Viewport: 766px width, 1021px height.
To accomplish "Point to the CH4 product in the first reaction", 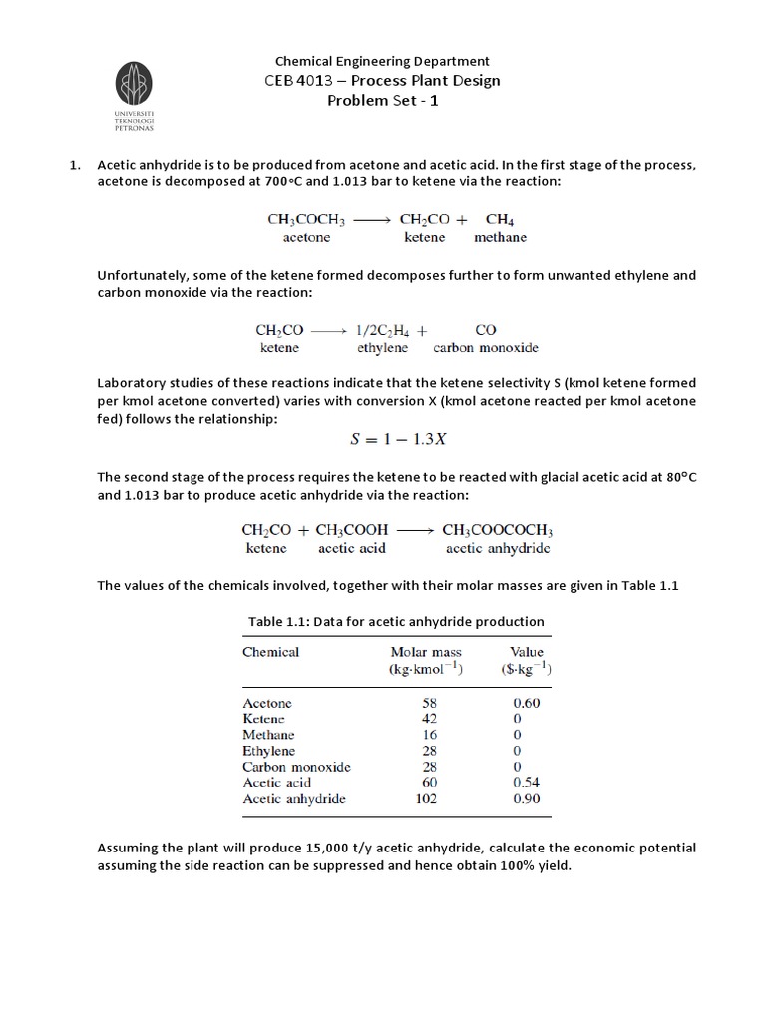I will pyautogui.click(x=500, y=219).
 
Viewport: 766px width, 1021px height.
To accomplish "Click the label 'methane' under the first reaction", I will pyautogui.click(x=500, y=238).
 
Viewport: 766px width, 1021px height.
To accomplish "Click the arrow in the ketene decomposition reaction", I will pyautogui.click(x=328, y=329).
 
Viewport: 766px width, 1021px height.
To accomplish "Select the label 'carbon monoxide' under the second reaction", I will pyautogui.click(x=486, y=348).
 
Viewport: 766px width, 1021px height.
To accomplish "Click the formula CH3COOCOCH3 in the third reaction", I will pyautogui.click(x=497, y=531).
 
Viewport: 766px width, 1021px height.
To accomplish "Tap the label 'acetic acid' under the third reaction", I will pyautogui.click(x=351, y=549).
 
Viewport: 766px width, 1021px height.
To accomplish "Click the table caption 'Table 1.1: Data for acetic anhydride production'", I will pyautogui.click(x=396, y=621).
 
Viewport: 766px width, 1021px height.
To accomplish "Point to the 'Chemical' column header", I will pyautogui.click(x=270, y=652).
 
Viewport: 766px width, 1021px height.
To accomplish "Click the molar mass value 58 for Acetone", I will pyautogui.click(x=429, y=703).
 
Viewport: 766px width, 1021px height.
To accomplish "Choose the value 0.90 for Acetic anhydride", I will pyautogui.click(x=525, y=799).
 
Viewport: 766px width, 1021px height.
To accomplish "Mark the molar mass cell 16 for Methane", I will pyautogui.click(x=429, y=735).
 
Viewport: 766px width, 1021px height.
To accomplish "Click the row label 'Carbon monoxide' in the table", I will pyautogui.click(x=296, y=767).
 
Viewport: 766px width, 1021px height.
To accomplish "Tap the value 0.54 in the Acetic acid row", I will pyautogui.click(x=525, y=783).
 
